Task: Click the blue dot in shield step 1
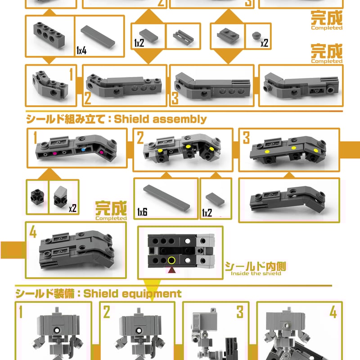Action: click(x=83, y=149)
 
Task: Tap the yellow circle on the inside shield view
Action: click(x=171, y=261)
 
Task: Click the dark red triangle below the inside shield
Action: click(x=172, y=270)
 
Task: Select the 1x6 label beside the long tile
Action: click(x=142, y=212)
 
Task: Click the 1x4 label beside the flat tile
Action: click(x=81, y=50)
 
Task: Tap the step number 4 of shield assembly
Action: click(x=33, y=232)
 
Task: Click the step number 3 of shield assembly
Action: click(x=246, y=138)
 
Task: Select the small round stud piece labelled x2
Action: click(x=256, y=36)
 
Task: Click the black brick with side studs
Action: click(x=37, y=197)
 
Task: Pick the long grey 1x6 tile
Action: click(x=166, y=198)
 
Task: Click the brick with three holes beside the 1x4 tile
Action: click(x=49, y=36)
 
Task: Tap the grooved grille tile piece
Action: click(x=183, y=37)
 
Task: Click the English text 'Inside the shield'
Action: click(x=256, y=274)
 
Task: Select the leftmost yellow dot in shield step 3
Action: click(x=267, y=152)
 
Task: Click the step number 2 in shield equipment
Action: click(x=107, y=312)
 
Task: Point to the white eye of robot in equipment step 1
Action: click(x=57, y=330)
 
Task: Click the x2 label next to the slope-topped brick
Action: click(x=72, y=208)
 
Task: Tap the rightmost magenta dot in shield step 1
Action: click(x=101, y=152)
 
